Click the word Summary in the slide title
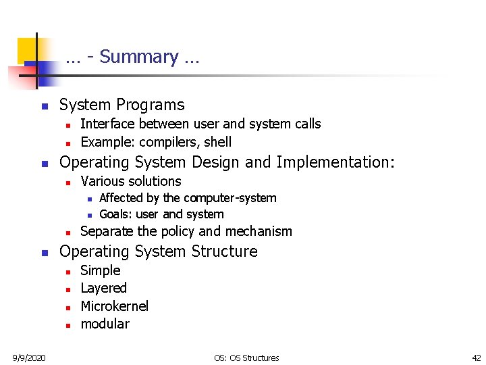[x=138, y=57]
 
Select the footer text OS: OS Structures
[x=246, y=358]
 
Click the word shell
[x=217, y=142]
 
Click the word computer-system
[x=230, y=198]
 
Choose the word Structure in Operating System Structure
[x=225, y=251]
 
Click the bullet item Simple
[x=101, y=270]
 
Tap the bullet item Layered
[x=103, y=289]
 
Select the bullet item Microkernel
[x=114, y=306]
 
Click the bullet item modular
[x=105, y=324]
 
